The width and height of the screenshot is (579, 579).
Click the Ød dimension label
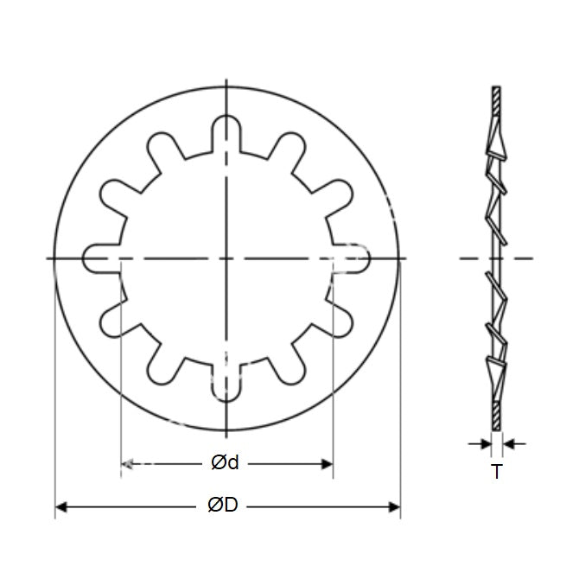(224, 463)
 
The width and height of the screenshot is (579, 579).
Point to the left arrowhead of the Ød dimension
(126, 464)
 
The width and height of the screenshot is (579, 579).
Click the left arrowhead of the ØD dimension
(61, 506)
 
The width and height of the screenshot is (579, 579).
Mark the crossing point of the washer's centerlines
(226, 258)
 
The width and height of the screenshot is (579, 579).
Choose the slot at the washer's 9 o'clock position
(99, 258)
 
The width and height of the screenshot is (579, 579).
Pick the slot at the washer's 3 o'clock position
(354, 258)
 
